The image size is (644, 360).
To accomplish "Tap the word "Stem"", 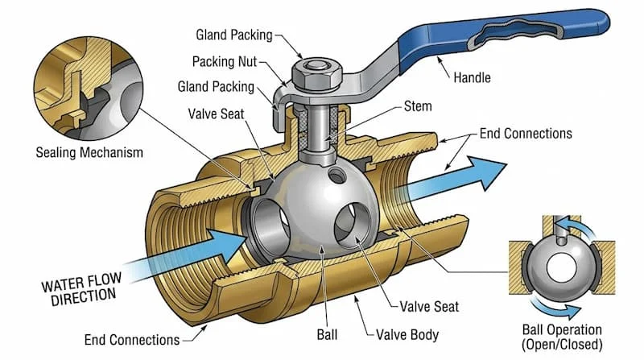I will tap(418, 106).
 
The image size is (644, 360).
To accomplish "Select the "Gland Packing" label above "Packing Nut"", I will tap(234, 35).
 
